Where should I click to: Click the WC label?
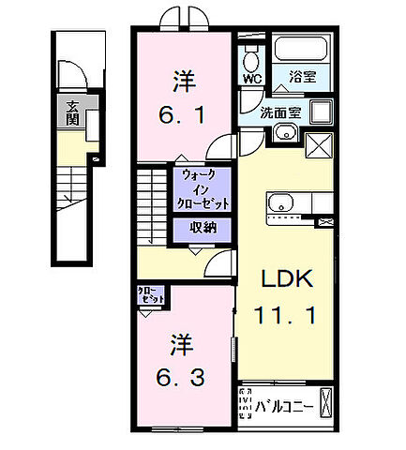pos(250,80)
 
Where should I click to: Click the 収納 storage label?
pos(197,227)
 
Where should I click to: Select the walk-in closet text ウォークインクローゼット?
pos(200,187)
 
